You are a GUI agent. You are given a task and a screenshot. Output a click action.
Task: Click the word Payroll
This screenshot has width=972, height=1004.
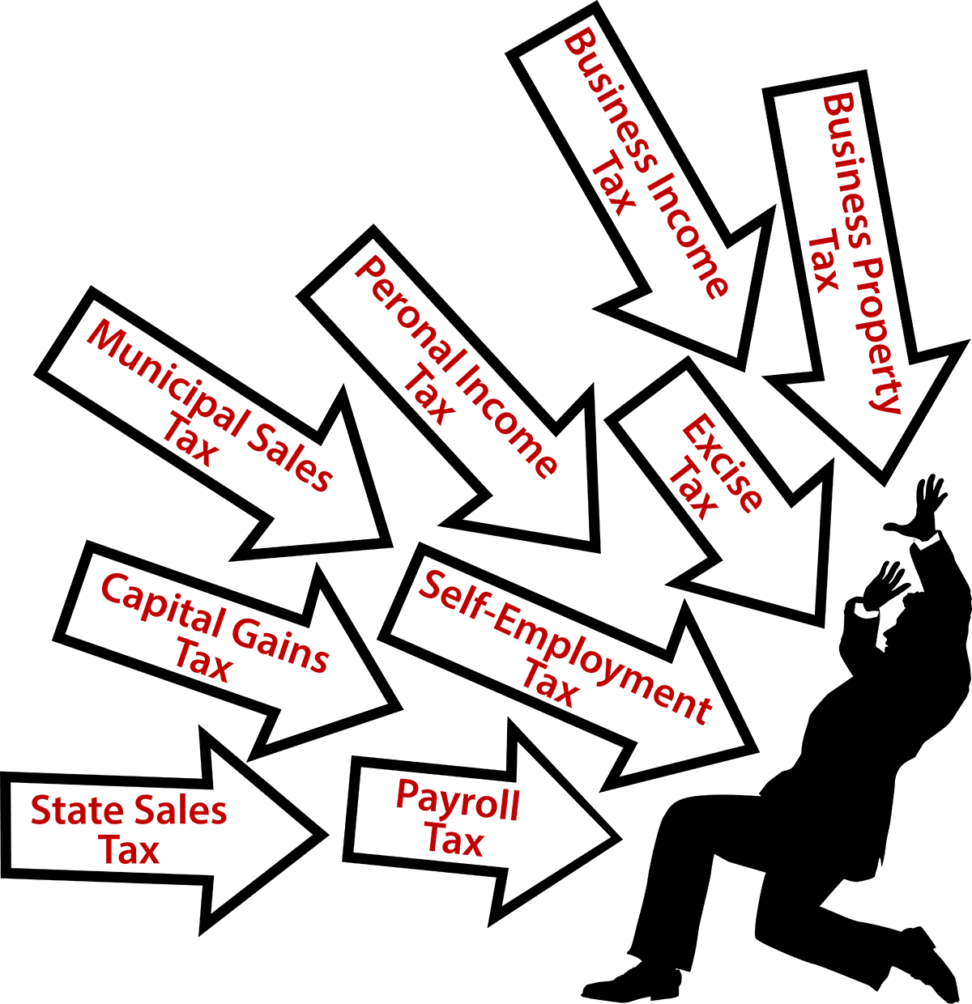pyautogui.click(x=457, y=801)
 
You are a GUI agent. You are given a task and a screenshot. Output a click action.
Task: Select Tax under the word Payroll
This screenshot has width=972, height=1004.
pyautogui.click(x=454, y=840)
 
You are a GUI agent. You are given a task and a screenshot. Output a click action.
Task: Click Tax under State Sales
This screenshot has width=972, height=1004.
pyautogui.click(x=129, y=851)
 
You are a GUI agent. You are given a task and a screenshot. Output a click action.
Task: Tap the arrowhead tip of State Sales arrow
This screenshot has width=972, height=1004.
pyautogui.click(x=324, y=834)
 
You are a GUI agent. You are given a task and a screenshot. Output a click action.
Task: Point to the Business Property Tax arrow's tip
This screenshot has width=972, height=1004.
pyautogui.click(x=883, y=481)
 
